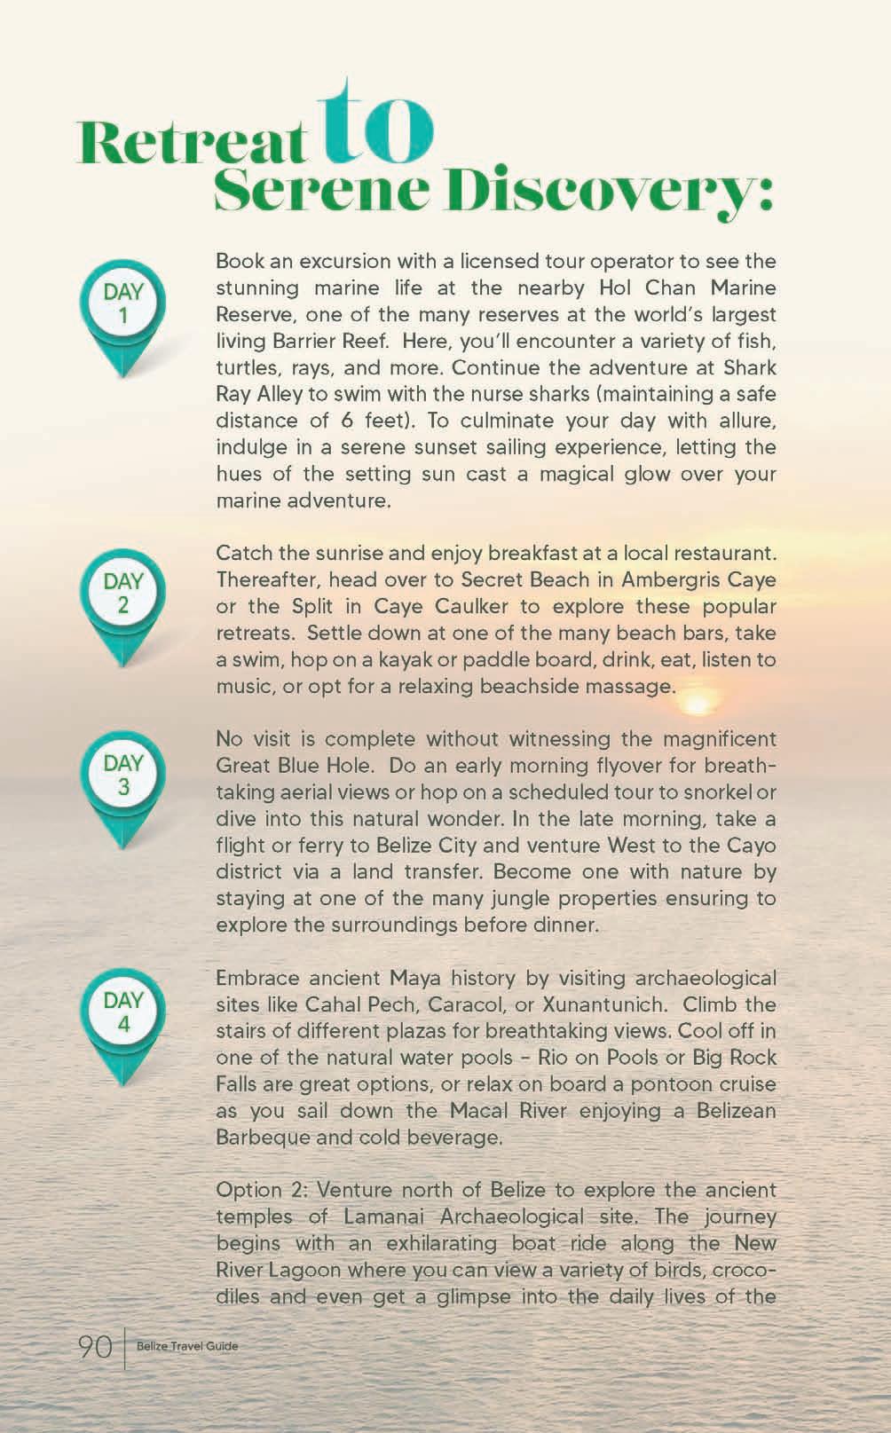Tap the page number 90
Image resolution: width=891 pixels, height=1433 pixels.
(95, 1347)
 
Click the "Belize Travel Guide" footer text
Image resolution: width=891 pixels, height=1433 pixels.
(187, 1347)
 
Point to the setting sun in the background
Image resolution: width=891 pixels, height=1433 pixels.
(698, 700)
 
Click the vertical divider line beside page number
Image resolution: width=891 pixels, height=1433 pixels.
(125, 1347)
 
